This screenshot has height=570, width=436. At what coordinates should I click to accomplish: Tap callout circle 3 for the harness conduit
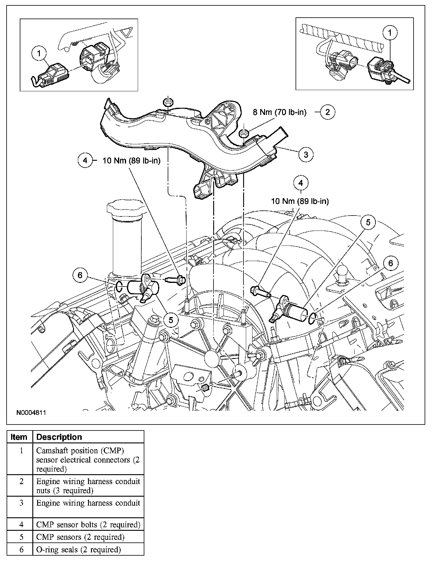(306, 154)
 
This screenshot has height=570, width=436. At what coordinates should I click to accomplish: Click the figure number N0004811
(31, 413)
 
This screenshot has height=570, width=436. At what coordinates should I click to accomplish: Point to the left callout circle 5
(171, 320)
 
